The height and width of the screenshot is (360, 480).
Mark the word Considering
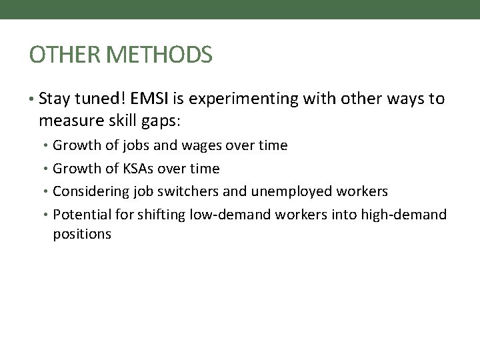coord(86,191)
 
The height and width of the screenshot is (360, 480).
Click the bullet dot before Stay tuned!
coord(33,101)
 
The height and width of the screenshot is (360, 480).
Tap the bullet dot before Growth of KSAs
coord(47,169)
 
